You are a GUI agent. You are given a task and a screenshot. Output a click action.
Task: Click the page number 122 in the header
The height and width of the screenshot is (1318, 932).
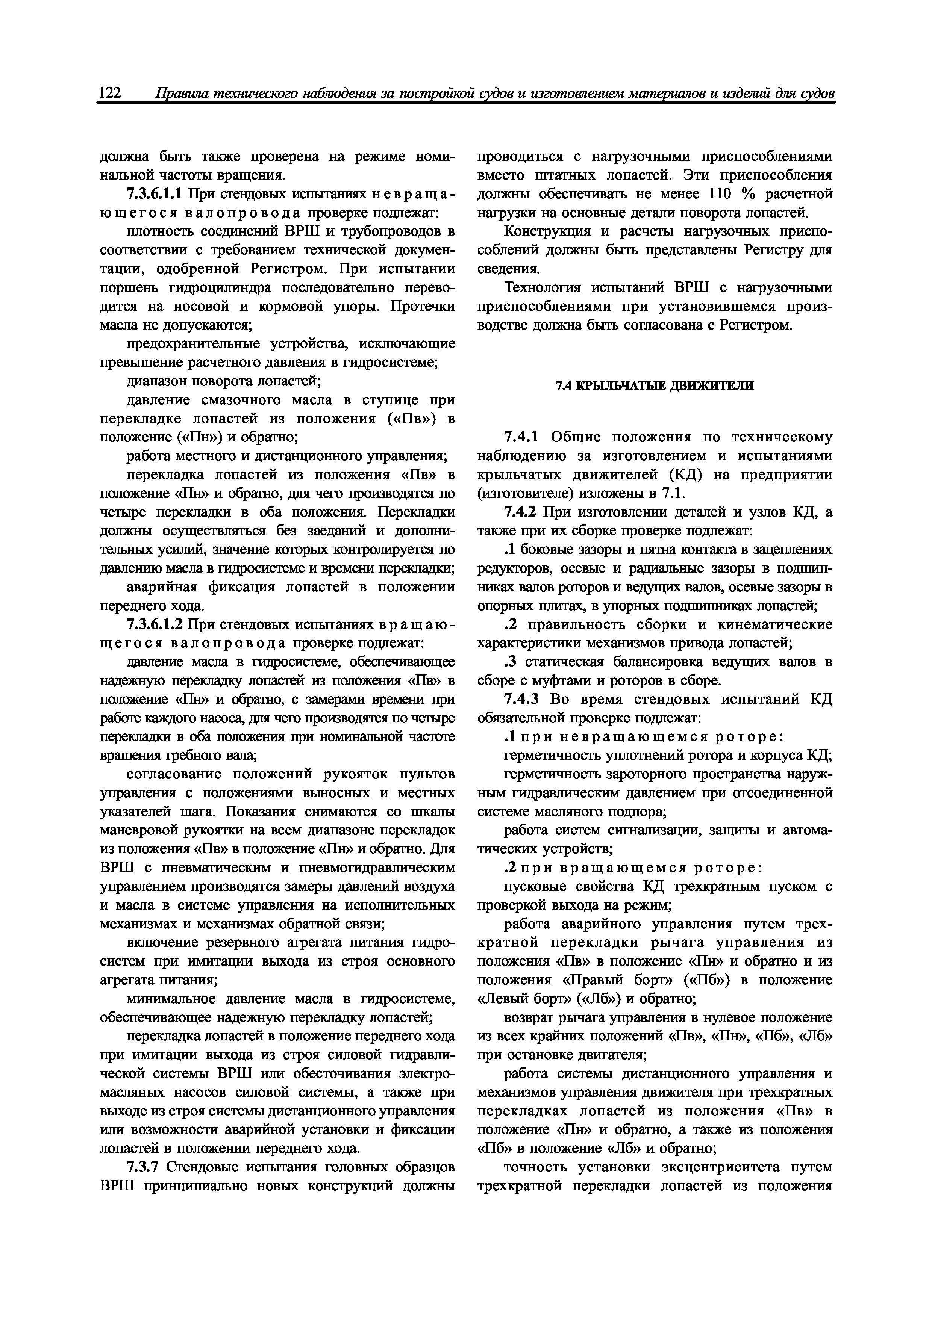point(110,93)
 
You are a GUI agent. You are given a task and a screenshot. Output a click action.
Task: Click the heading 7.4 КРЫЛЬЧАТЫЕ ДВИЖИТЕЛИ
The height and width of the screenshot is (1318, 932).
point(655,386)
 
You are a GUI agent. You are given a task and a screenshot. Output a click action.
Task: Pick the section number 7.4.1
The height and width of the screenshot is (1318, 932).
point(521,437)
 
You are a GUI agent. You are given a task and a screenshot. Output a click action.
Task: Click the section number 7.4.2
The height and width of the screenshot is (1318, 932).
point(521,512)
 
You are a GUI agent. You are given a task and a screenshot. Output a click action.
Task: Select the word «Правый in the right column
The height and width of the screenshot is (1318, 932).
point(608,979)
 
